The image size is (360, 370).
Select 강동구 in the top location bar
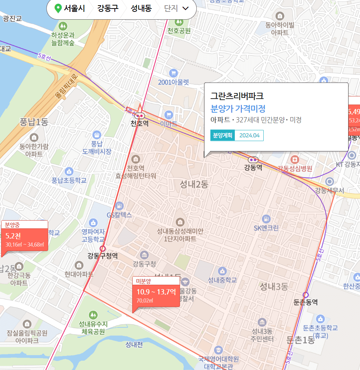108,8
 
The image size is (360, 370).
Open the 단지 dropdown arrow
186,8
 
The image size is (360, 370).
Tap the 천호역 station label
140,123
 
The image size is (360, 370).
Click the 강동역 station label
253,167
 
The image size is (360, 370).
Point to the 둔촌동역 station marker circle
306,295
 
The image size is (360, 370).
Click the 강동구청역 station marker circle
103,248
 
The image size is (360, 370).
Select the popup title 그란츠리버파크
237,96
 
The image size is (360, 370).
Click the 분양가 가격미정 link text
238,109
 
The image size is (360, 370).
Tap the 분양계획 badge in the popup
223,135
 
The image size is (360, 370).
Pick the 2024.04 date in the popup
249,135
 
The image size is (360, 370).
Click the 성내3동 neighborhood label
274,286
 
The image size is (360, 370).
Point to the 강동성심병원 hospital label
295,168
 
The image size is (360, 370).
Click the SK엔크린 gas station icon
266,219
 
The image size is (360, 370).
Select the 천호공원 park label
179,31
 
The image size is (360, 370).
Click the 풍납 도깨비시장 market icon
97,135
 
